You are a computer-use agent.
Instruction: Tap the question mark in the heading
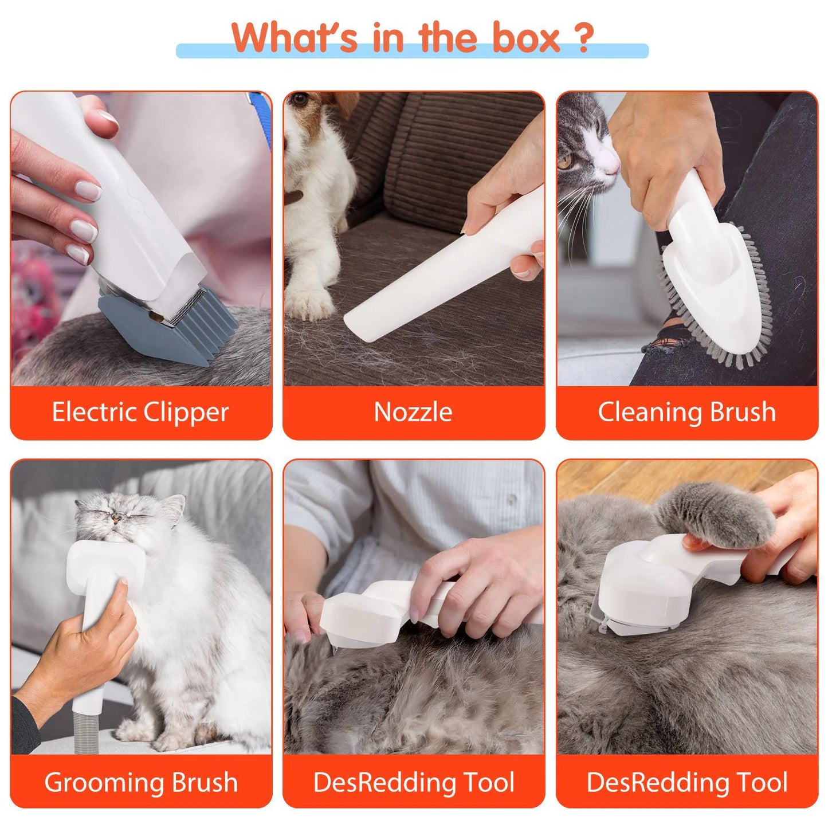pyautogui.click(x=583, y=38)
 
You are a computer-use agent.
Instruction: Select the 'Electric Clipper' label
pyautogui.click(x=140, y=412)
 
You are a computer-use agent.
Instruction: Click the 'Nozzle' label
pyautogui.click(x=413, y=412)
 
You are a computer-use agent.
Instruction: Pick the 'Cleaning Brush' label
pyautogui.click(x=686, y=412)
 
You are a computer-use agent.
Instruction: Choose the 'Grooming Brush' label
pyautogui.click(x=140, y=782)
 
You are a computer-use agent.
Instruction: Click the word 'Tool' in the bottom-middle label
pyautogui.click(x=489, y=782)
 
